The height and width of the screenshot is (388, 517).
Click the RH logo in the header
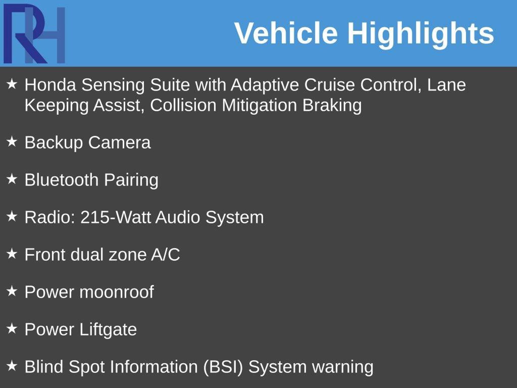[x=34, y=34]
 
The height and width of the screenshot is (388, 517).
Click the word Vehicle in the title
[x=286, y=33]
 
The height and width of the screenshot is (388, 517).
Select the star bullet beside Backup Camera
[x=12, y=142]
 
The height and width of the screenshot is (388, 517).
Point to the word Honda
[x=50, y=85]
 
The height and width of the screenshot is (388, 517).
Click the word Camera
[x=119, y=142]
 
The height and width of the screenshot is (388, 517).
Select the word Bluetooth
[x=61, y=180]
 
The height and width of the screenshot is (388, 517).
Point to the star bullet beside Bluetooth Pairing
[x=12, y=179]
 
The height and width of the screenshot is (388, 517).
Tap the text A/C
[x=166, y=255]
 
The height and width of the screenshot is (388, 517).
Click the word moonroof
[x=117, y=292]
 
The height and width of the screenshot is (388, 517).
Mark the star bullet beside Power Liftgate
[x=12, y=329]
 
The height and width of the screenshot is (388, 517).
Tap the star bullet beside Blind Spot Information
[x=12, y=366]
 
